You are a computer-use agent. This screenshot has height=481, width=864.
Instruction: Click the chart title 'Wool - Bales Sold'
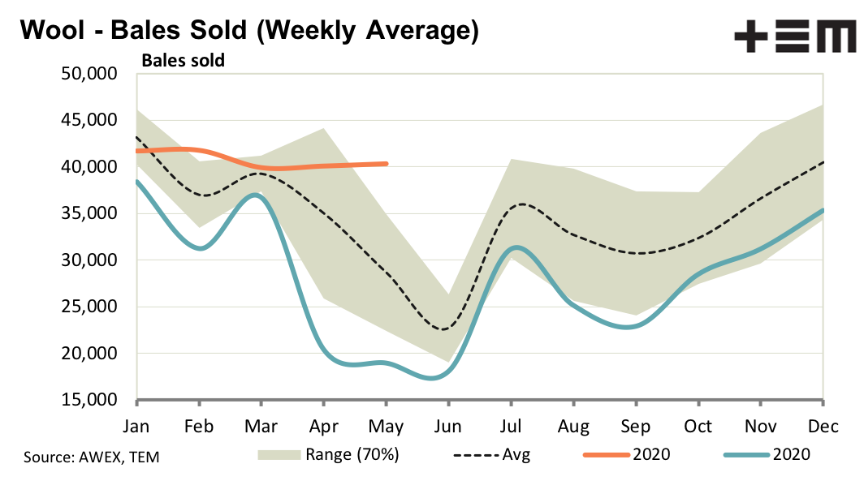pos(248,31)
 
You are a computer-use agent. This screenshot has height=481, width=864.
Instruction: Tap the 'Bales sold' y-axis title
pos(183,59)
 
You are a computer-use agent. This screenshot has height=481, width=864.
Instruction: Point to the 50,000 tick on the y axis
pos(90,75)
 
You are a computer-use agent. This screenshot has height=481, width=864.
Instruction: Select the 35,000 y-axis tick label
pos(90,214)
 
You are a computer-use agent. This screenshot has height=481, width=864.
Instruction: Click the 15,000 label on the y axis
pos(90,401)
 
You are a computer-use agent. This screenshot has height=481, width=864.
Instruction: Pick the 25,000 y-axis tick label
pos(90,307)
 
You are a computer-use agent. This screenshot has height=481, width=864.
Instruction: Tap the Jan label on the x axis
pos(137,426)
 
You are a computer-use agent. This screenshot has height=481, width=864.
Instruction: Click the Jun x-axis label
pos(447,426)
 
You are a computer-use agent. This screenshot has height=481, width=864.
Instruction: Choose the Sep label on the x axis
pos(635,426)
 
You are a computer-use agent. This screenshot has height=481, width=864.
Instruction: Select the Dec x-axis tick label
pos(823,426)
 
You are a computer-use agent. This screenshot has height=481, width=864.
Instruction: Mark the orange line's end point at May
pos(387,163)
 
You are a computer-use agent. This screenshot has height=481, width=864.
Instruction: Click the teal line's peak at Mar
pos(257,195)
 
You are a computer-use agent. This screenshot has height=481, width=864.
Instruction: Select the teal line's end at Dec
pos(823,210)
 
